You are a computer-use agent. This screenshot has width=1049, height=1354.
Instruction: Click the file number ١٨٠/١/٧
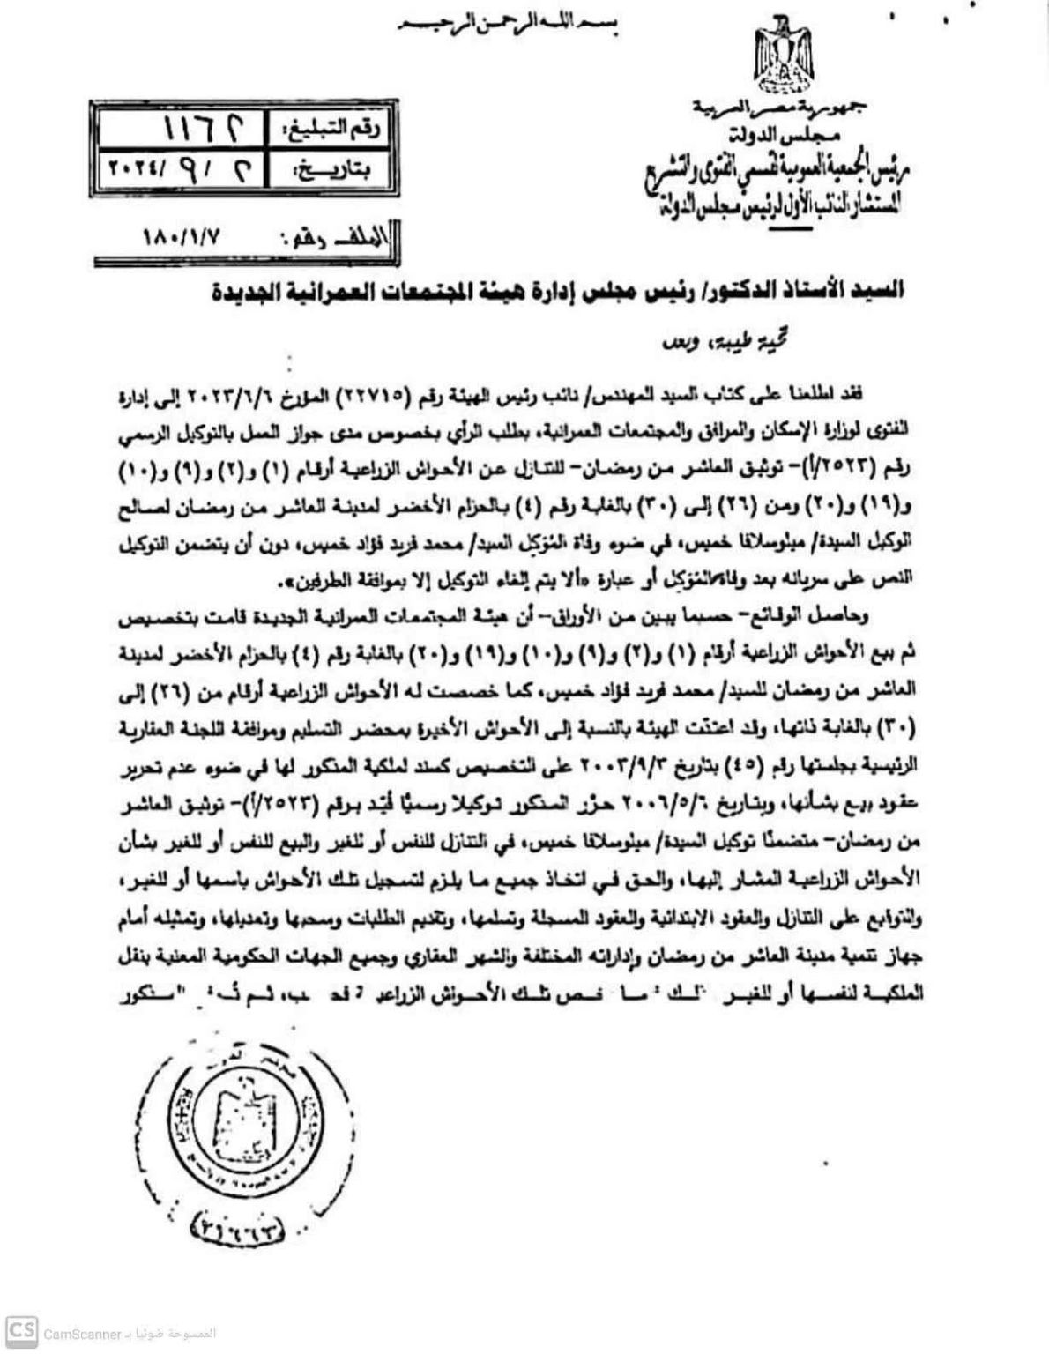(x=181, y=240)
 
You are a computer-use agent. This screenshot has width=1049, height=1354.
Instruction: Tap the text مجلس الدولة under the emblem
(x=766, y=134)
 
